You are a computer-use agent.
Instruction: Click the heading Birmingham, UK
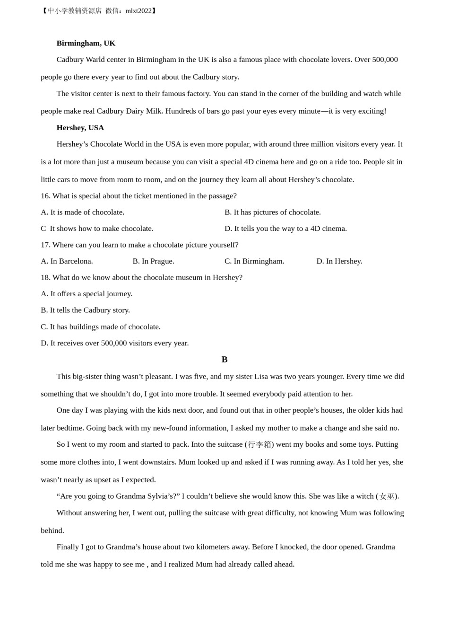[86, 43]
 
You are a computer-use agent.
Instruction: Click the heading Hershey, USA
[80, 127]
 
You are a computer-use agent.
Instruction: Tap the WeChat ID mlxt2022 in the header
[138, 11]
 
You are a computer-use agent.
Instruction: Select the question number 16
[45, 196]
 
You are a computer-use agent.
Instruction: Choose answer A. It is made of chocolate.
[82, 212]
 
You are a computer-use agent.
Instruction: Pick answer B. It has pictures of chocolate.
[272, 212]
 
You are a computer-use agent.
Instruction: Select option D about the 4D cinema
[285, 229]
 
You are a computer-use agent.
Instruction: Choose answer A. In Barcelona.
[67, 261]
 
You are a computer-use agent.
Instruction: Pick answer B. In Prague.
[153, 261]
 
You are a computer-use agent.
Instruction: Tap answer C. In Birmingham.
[254, 261]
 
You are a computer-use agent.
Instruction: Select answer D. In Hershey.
[339, 261]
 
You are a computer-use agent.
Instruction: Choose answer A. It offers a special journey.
[86, 294]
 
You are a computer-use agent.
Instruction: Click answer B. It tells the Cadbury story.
[85, 310]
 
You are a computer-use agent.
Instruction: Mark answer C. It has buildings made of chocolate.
[100, 327]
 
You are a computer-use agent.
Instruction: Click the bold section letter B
[224, 360]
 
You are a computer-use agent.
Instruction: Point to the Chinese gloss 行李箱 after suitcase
[259, 445]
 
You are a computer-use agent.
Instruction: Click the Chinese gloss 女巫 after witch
[387, 496]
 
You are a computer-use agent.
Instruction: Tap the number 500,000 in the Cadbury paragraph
[385, 60]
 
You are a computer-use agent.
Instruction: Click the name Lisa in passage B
[261, 377]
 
